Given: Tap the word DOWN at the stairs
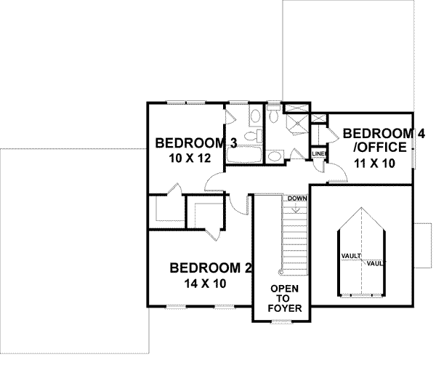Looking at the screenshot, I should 296,198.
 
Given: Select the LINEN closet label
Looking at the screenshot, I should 318,154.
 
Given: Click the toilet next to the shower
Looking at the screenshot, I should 274,116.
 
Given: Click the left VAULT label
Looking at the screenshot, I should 351,256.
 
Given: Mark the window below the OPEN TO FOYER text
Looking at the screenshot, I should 280,321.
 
